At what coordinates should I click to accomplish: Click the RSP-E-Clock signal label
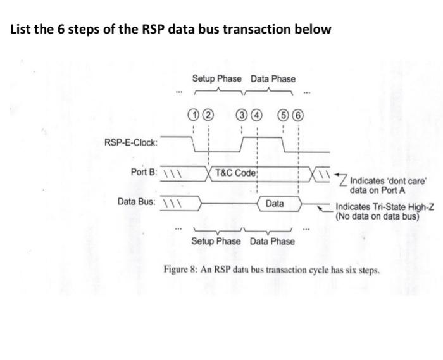[x=131, y=141]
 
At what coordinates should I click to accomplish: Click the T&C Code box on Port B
[x=235, y=173]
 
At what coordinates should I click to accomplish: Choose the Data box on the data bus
[x=275, y=203]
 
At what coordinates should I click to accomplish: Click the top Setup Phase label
[x=217, y=79]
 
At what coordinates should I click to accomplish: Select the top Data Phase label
[x=273, y=79]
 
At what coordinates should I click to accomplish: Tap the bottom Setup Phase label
[x=216, y=242]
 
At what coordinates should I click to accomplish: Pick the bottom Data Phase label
[x=272, y=242]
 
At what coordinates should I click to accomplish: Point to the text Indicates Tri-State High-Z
[x=384, y=207]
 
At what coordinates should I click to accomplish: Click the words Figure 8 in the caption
[x=182, y=269]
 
